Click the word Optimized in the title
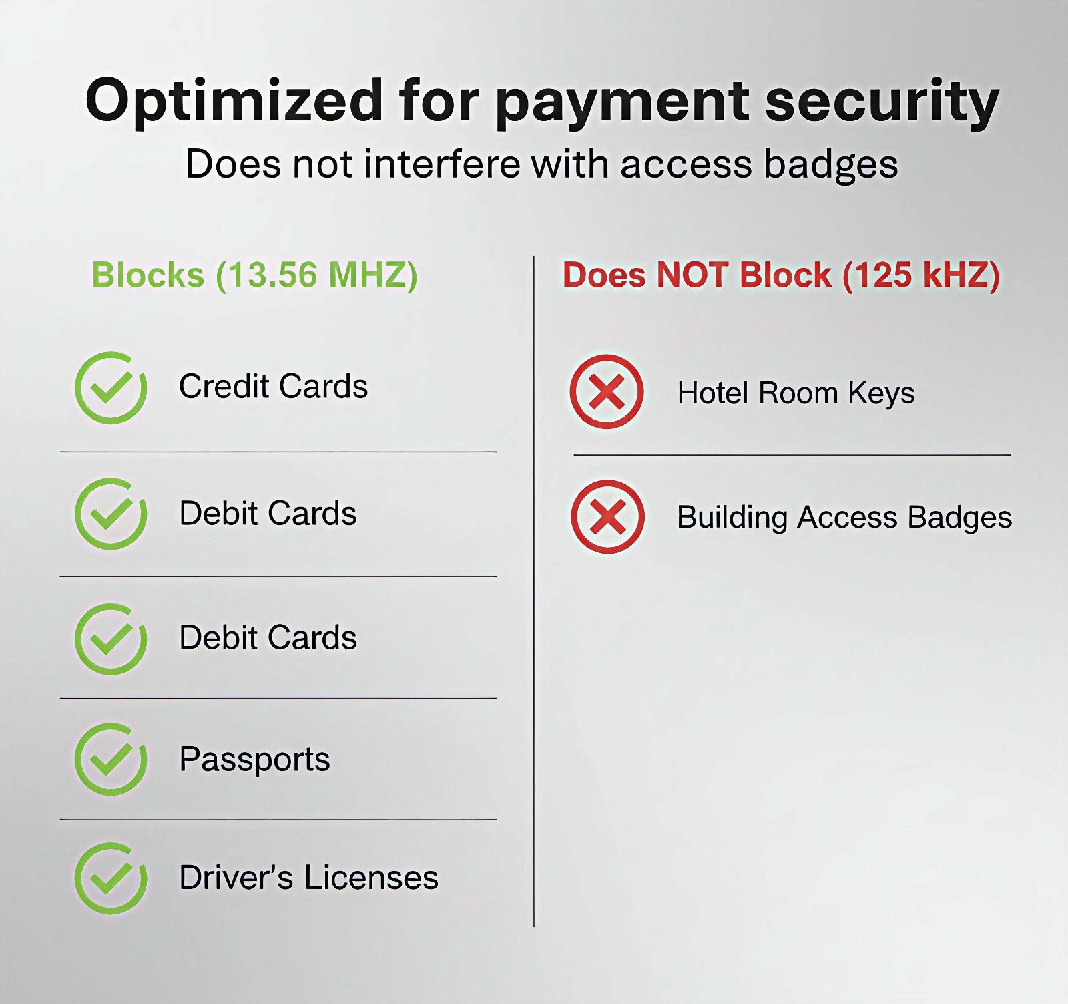234,101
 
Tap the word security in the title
882,102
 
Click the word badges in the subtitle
830,165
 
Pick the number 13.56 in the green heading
272,275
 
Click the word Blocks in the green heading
148,275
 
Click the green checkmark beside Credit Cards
111,387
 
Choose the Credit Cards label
273,386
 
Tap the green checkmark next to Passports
111,759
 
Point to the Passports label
254,760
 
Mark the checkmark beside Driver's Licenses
111,878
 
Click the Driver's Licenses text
308,877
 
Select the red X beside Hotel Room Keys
607,391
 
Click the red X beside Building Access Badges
607,516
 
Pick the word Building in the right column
732,518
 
